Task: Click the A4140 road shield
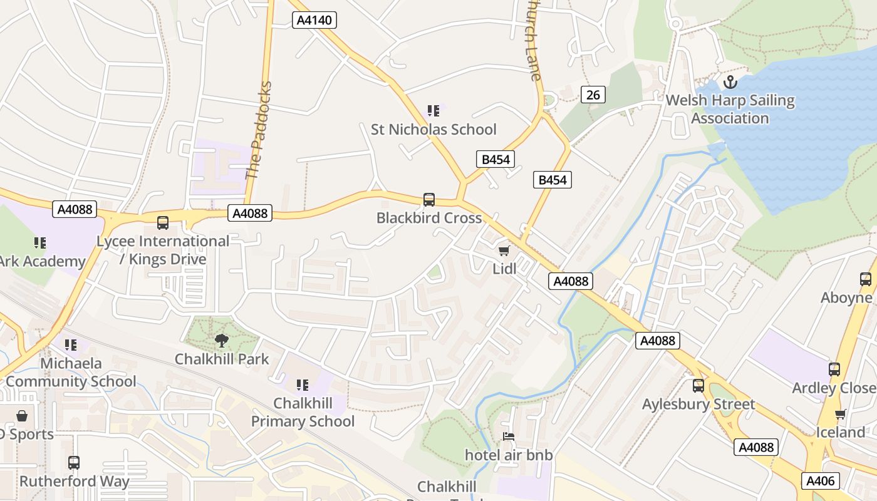(x=314, y=20)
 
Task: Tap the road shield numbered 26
(x=593, y=95)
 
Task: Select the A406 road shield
(x=820, y=481)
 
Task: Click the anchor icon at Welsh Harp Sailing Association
(x=730, y=82)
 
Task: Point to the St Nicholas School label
(x=433, y=130)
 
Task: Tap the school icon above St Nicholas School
(x=433, y=111)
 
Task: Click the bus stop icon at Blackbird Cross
(x=429, y=200)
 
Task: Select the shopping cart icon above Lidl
(x=504, y=251)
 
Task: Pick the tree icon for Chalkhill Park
(x=221, y=341)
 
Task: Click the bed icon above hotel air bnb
(x=509, y=436)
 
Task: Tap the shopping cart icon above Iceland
(x=840, y=414)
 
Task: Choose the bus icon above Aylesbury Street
(x=698, y=386)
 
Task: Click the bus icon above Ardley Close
(x=834, y=369)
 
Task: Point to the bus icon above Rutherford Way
(x=74, y=463)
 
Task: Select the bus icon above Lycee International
(x=163, y=223)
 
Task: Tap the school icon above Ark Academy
(x=40, y=243)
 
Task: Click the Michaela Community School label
(x=70, y=373)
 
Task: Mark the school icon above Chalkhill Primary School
(x=303, y=385)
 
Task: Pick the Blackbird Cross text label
(x=429, y=218)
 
